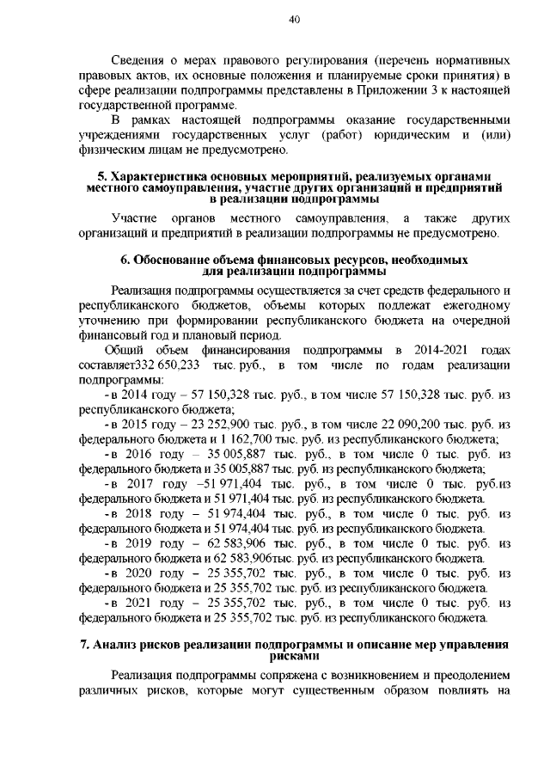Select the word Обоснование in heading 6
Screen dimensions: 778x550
click(177, 259)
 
